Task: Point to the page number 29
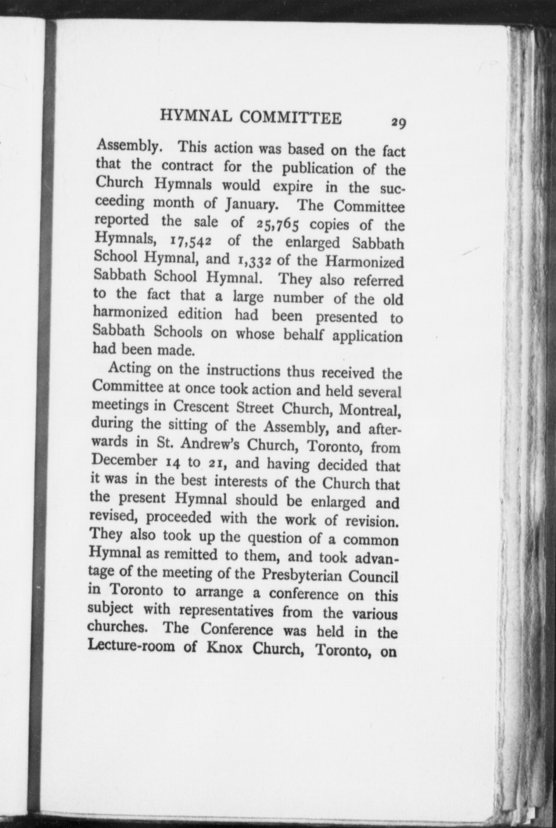coord(398,123)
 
